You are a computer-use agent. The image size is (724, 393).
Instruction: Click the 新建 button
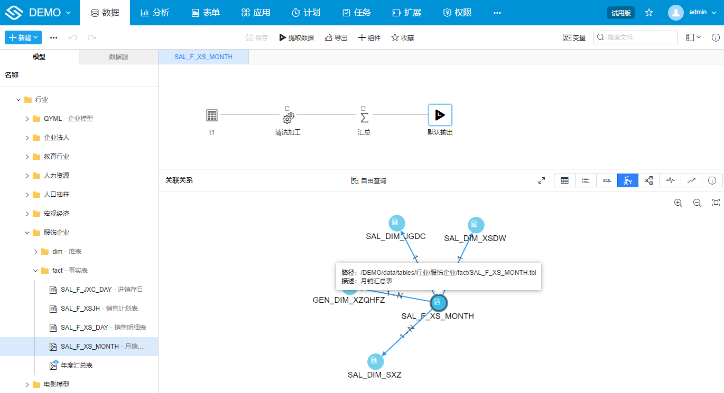pyautogui.click(x=23, y=37)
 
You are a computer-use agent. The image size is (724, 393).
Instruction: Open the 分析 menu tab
pyautogui.click(x=155, y=13)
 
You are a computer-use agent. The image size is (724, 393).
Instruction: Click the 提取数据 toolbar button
pyautogui.click(x=296, y=37)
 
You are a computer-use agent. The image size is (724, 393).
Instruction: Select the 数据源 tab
pyautogui.click(x=118, y=57)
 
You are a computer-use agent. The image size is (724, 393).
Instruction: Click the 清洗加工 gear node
pyautogui.click(x=289, y=118)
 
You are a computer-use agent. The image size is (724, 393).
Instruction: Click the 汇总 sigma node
pyautogui.click(x=364, y=118)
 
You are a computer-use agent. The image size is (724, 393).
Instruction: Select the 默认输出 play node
pyautogui.click(x=440, y=115)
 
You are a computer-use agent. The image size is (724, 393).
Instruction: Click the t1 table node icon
pyautogui.click(x=212, y=115)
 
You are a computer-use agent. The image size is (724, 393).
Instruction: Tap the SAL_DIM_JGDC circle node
pyautogui.click(x=396, y=223)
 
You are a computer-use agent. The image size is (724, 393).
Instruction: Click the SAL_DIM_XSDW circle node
pyautogui.click(x=476, y=225)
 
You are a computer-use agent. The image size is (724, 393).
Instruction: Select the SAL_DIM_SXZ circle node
pyautogui.click(x=375, y=361)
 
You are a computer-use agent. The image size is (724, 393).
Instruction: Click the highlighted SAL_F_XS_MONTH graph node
pyautogui.click(x=439, y=303)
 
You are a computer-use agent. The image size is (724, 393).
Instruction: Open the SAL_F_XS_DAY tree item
pyautogui.click(x=103, y=327)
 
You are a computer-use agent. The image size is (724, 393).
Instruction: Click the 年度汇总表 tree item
pyautogui.click(x=76, y=365)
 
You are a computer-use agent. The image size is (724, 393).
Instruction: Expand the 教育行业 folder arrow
pyautogui.click(x=27, y=157)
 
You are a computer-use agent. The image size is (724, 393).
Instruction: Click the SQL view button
pyautogui.click(x=607, y=180)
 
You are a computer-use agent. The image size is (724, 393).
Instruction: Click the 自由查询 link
pyautogui.click(x=368, y=180)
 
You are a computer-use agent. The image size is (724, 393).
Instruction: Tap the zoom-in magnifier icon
pyautogui.click(x=678, y=203)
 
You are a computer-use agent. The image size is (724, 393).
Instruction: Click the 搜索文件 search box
pyautogui.click(x=635, y=37)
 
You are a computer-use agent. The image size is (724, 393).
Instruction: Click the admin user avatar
pyautogui.click(x=675, y=13)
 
